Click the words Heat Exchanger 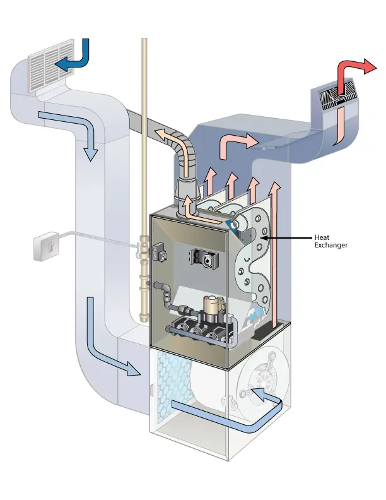pyautogui.click(x=330, y=241)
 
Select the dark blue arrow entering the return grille pyautogui.click(x=74, y=61)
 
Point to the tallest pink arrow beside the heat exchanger pyautogui.click(x=274, y=253)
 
